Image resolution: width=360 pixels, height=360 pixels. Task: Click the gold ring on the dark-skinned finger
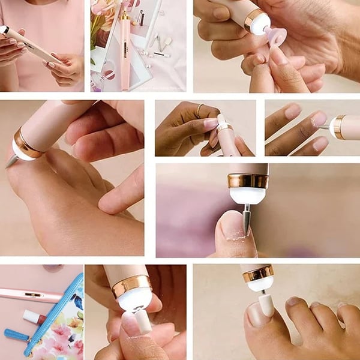click(199, 110)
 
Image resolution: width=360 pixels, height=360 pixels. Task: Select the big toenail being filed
click(256, 313)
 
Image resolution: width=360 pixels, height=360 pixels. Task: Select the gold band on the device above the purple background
click(248, 181)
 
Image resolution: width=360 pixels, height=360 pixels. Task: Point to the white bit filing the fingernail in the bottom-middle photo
click(143, 322)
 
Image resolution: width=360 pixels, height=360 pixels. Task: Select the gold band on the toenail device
click(259, 274)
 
